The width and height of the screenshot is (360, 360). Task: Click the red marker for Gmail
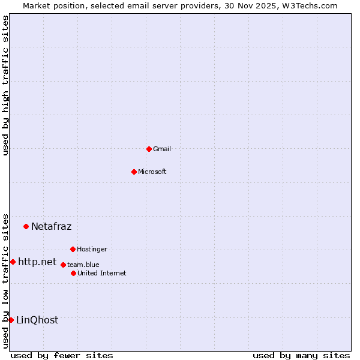[x=149, y=149]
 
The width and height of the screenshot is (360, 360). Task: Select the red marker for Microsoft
[x=134, y=172]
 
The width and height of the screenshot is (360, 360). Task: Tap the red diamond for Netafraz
[x=26, y=226]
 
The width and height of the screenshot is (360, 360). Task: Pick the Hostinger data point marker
[x=73, y=249]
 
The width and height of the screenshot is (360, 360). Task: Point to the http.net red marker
[x=13, y=262]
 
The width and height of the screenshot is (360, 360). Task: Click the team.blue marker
[x=63, y=265]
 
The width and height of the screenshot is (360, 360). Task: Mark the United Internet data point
[x=73, y=273]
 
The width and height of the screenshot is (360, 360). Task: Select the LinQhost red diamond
[x=11, y=320]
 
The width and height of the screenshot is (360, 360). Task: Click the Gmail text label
[x=162, y=149]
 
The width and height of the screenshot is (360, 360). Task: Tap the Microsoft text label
[x=152, y=172]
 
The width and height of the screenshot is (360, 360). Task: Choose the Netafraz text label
[x=51, y=226]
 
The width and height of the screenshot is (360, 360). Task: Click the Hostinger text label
[x=92, y=249]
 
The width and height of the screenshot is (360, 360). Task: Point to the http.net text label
[x=37, y=262]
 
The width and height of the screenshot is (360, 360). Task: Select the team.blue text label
[x=83, y=265]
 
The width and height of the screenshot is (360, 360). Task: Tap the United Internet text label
[x=102, y=273]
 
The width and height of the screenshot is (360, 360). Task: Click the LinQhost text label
[x=37, y=320]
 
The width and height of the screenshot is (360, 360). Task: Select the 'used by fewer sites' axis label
[x=62, y=355]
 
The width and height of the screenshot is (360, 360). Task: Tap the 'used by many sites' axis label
[x=301, y=355]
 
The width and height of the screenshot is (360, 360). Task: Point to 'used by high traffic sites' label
[x=5, y=85]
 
